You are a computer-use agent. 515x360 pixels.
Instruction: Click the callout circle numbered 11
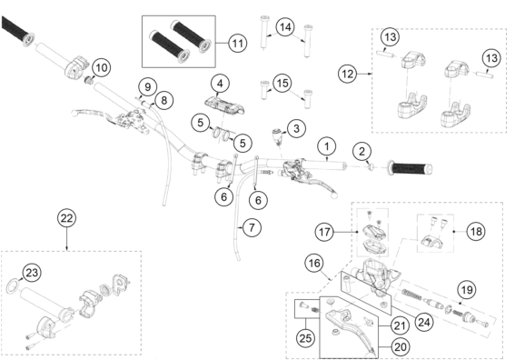coord(237,43)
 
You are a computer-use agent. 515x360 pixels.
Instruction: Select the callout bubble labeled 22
coord(66,218)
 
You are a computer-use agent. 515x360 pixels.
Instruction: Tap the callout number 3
coord(296,128)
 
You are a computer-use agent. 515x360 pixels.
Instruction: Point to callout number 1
coord(327,146)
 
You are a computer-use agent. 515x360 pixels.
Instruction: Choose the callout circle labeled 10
coord(102,67)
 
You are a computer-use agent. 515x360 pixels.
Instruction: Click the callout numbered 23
coord(32,273)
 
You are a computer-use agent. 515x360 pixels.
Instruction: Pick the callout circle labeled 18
coord(476,232)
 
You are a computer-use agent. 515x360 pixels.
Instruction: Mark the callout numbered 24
coord(423,322)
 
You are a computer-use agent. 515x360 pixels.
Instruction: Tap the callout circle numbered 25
coord(305,337)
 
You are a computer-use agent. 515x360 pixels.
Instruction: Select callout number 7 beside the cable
coord(252,227)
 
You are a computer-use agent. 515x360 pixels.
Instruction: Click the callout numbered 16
coord(314,263)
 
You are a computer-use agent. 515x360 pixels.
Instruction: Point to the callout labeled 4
coord(220,84)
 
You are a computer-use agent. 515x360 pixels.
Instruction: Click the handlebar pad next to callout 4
coord(225,105)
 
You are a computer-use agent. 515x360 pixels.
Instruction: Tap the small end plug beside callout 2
coord(371,167)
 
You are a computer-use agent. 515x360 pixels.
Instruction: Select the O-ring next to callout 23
coord(13,285)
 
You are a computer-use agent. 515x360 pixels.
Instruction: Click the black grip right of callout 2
coord(410,168)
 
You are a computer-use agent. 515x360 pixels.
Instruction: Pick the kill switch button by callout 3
coord(277,135)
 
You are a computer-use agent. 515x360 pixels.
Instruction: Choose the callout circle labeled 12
coord(348,74)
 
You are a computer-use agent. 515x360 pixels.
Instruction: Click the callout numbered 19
coord(467,290)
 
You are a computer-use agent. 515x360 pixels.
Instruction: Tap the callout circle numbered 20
coord(400,347)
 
